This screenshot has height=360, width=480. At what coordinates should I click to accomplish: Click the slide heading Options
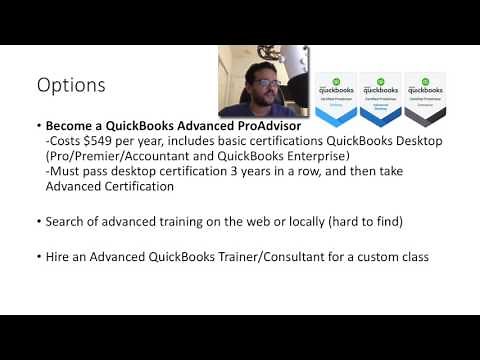coord(70,85)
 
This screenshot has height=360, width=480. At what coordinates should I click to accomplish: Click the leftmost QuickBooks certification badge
coord(336,100)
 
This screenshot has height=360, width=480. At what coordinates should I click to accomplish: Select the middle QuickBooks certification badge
coord(380,100)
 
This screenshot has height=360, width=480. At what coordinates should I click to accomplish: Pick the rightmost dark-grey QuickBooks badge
coord(424,100)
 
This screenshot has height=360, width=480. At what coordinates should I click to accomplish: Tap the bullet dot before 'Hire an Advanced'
coord(37,257)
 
